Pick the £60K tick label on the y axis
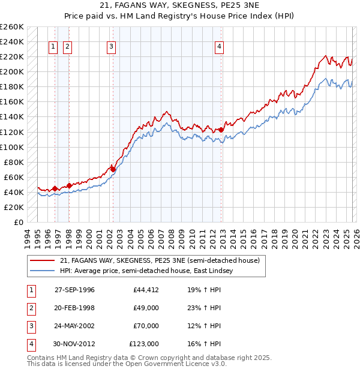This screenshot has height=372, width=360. click(14, 177)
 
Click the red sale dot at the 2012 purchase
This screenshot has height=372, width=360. click(221, 130)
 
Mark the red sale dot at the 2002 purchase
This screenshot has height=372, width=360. click(113, 169)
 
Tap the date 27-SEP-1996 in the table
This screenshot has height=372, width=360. click(74, 290)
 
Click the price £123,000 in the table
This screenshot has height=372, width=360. click(144, 344)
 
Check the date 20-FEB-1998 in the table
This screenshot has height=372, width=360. click(74, 308)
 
